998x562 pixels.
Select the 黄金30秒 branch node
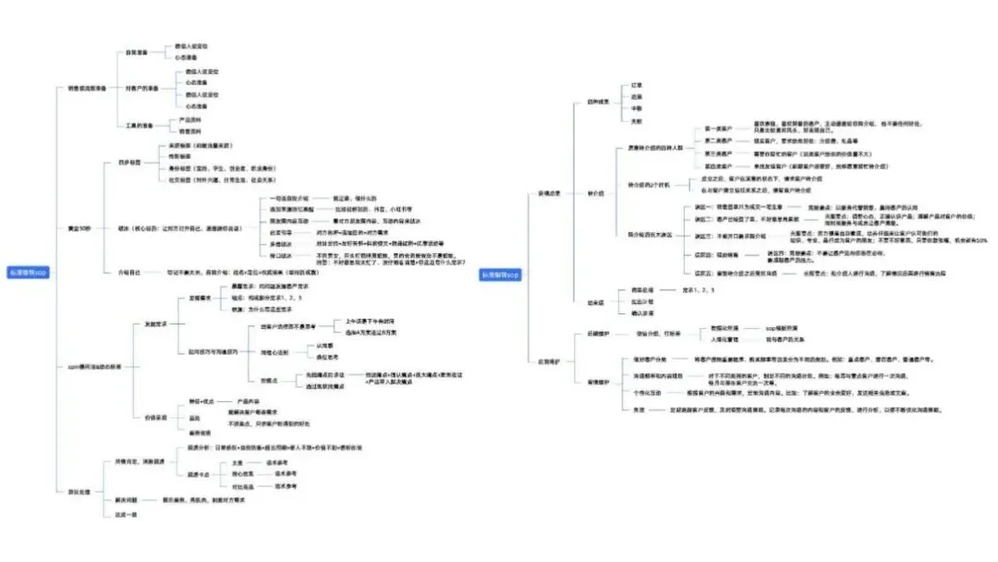[x=79, y=227]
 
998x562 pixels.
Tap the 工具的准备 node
[x=140, y=125]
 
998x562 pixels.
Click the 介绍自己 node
[x=128, y=273]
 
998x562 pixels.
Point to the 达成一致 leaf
[x=124, y=515]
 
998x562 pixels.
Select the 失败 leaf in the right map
[x=636, y=121]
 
